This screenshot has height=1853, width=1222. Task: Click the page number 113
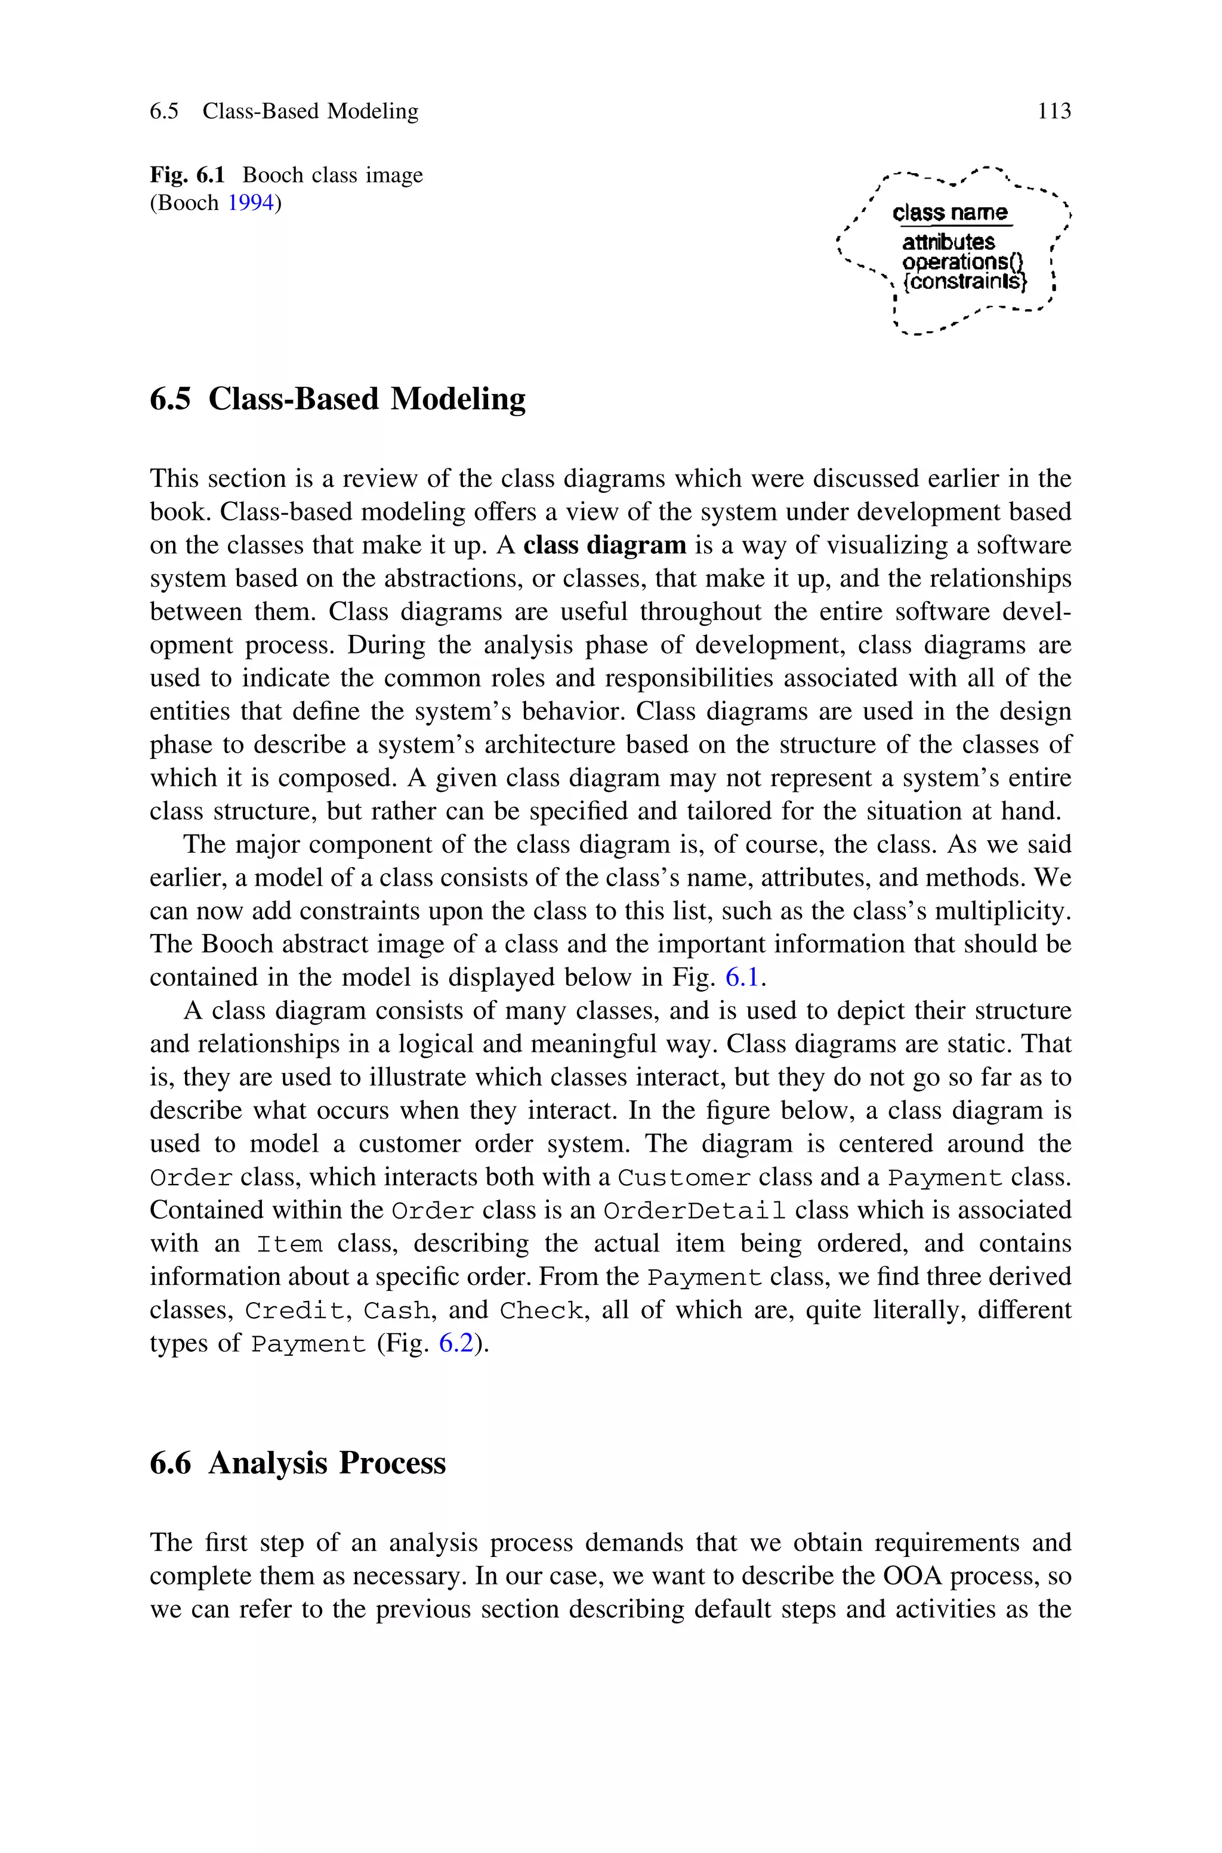[x=1054, y=112]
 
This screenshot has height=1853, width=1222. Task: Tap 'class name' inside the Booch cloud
[x=949, y=212]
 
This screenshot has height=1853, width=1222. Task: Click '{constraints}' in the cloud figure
[x=964, y=281]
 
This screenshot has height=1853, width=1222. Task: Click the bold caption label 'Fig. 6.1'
[x=187, y=174]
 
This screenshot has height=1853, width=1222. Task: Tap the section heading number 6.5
[x=170, y=399]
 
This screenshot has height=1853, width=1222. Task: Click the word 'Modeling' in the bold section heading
[x=458, y=399]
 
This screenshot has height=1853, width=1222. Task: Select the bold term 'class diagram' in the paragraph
[x=605, y=545]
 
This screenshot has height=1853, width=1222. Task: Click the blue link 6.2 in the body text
[x=456, y=1343]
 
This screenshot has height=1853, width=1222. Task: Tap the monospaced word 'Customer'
[x=684, y=1177]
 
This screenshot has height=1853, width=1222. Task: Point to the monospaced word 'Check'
[x=540, y=1311]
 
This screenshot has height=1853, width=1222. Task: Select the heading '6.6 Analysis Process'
[x=298, y=1463]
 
